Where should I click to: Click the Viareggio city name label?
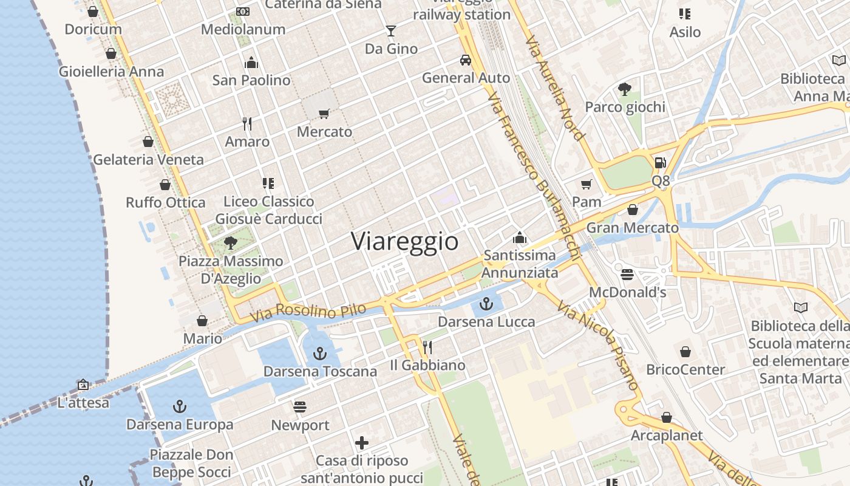pyautogui.click(x=405, y=242)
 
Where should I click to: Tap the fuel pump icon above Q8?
pyautogui.click(x=661, y=163)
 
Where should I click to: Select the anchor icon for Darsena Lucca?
pyautogui.click(x=486, y=304)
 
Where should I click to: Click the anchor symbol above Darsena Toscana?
pyautogui.click(x=320, y=353)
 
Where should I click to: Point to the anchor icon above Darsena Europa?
pyautogui.click(x=179, y=406)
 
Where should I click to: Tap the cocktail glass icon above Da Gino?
pyautogui.click(x=390, y=30)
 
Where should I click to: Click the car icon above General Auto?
pyautogui.click(x=466, y=60)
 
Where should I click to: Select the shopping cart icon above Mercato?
pyautogui.click(x=324, y=114)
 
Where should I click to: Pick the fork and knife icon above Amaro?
pyautogui.click(x=247, y=124)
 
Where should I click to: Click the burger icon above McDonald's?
pyautogui.click(x=627, y=275)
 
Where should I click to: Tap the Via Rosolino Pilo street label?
pyautogui.click(x=308, y=312)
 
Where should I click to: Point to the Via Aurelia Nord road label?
pyautogui.click(x=555, y=87)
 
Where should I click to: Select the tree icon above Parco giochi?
pyautogui.click(x=625, y=89)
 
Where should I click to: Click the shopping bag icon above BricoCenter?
pyautogui.click(x=685, y=352)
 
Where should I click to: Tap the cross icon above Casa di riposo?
pyautogui.click(x=362, y=443)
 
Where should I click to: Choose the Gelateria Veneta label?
pyautogui.click(x=148, y=160)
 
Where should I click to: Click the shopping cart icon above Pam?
pyautogui.click(x=586, y=184)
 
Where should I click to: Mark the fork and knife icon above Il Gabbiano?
pyautogui.click(x=427, y=347)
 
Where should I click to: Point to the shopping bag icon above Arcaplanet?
pyautogui.click(x=666, y=417)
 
